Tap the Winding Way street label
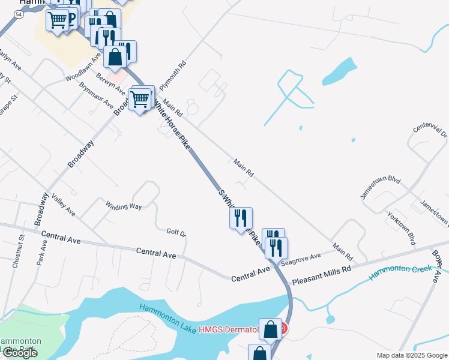pyautogui.click(x=124, y=206)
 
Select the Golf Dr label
pyautogui.click(x=177, y=232)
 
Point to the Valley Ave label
pyautogui.click(x=63, y=205)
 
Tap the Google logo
pyautogui.click(x=20, y=353)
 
